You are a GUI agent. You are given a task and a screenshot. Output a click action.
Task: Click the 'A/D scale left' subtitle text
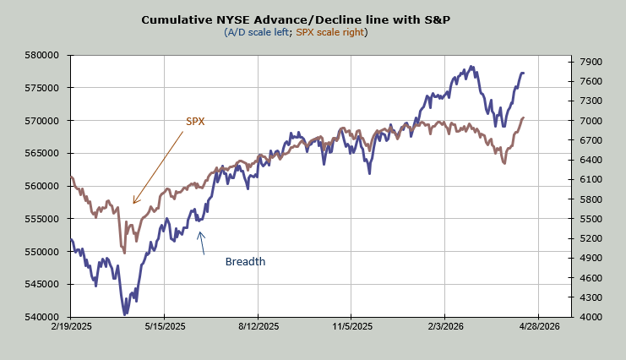tap(259, 32)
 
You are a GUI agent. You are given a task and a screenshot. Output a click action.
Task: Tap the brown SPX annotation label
tap(195, 122)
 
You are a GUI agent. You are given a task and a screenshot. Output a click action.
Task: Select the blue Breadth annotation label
tap(245, 262)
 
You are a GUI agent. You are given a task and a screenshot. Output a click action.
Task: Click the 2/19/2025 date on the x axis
tap(72, 326)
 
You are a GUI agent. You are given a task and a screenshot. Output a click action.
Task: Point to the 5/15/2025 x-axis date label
tap(166, 326)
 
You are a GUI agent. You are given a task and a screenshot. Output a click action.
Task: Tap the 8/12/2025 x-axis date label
tap(259, 326)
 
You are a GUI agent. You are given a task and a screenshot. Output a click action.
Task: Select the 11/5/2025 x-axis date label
tap(352, 326)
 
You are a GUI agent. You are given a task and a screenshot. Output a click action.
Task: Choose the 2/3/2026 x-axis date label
tap(445, 326)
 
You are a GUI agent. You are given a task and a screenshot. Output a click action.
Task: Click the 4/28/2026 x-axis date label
tap(539, 326)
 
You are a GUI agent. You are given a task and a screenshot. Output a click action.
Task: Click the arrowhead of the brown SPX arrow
tap(133, 203)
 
